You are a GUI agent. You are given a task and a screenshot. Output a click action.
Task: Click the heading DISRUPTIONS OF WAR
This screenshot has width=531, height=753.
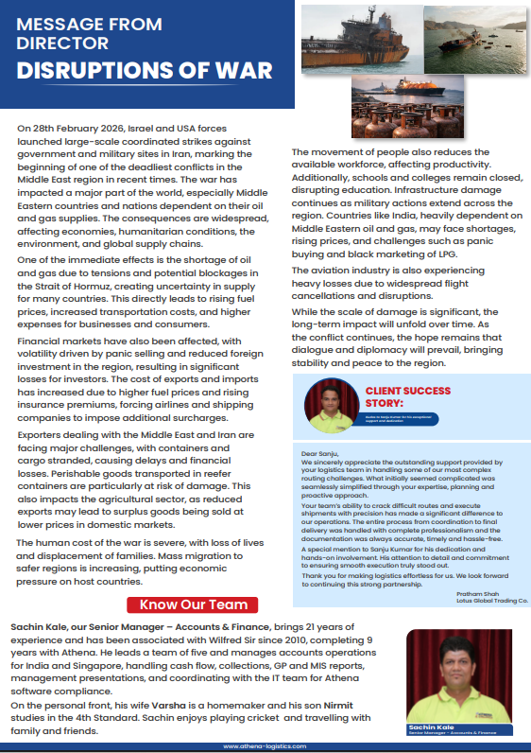tap(145, 71)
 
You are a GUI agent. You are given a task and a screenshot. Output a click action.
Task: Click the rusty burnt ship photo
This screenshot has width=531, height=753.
tap(358, 36)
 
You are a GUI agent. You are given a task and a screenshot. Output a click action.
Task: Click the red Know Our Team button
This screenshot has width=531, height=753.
tap(194, 604)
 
